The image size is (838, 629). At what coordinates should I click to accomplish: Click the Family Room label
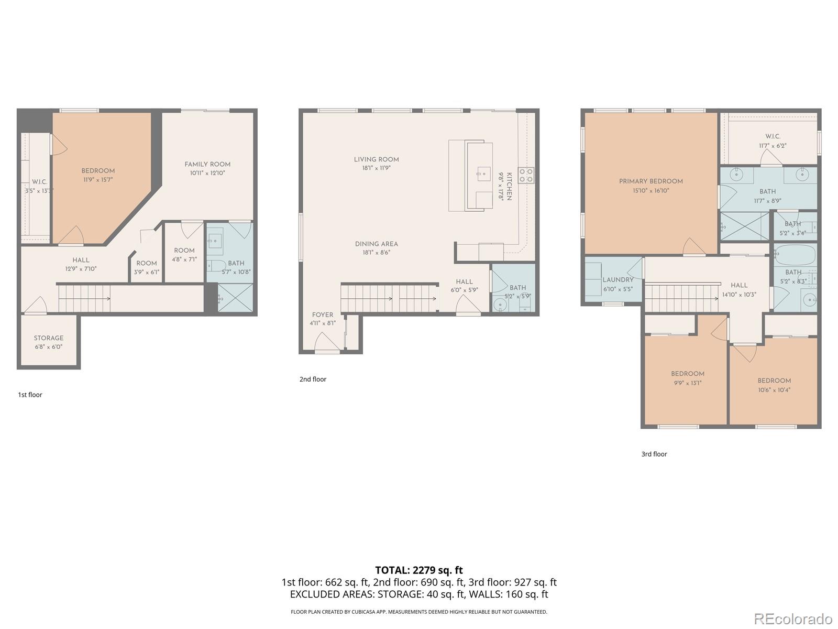207,164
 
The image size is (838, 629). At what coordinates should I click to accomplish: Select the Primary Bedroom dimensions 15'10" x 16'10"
650,191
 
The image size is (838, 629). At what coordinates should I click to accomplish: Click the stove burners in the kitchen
526,175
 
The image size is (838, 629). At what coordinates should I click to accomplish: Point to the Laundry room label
618,280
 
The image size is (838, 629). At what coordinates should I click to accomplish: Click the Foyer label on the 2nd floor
323,315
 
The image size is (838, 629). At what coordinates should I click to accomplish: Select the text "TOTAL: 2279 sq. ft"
418,570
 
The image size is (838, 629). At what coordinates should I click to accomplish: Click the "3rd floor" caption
654,454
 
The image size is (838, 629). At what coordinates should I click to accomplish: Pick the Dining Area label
376,244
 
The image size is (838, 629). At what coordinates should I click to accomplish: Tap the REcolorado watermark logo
793,619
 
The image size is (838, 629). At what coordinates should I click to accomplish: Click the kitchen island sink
483,172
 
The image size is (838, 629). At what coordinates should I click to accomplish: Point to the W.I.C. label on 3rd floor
773,136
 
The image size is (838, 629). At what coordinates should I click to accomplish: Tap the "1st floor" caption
30,395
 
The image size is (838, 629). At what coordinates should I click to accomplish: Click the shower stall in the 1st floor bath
235,298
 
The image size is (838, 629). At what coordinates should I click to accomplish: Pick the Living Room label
376,159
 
